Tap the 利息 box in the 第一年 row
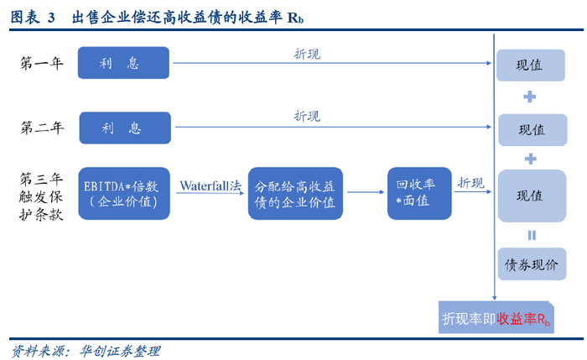pos(123,64)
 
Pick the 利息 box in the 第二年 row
pos(123,128)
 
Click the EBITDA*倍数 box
pos(127,194)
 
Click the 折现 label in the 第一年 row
pos(306,54)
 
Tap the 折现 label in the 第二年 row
pos(306,117)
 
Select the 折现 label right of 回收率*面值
pos(470,183)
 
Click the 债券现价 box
pos(531,265)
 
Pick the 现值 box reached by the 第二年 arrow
pos(531,129)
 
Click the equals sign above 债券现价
pos(531,235)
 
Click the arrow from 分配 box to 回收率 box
pos(365,194)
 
